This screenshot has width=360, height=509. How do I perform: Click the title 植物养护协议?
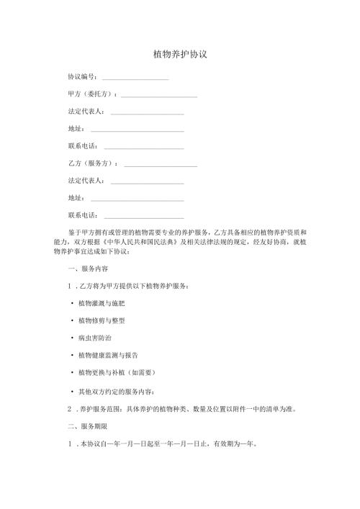(x=181, y=55)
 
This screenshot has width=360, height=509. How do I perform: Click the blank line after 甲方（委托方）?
(x=159, y=96)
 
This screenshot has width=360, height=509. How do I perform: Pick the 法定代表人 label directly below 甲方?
(x=85, y=112)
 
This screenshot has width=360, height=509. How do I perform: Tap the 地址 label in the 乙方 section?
(x=76, y=198)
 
